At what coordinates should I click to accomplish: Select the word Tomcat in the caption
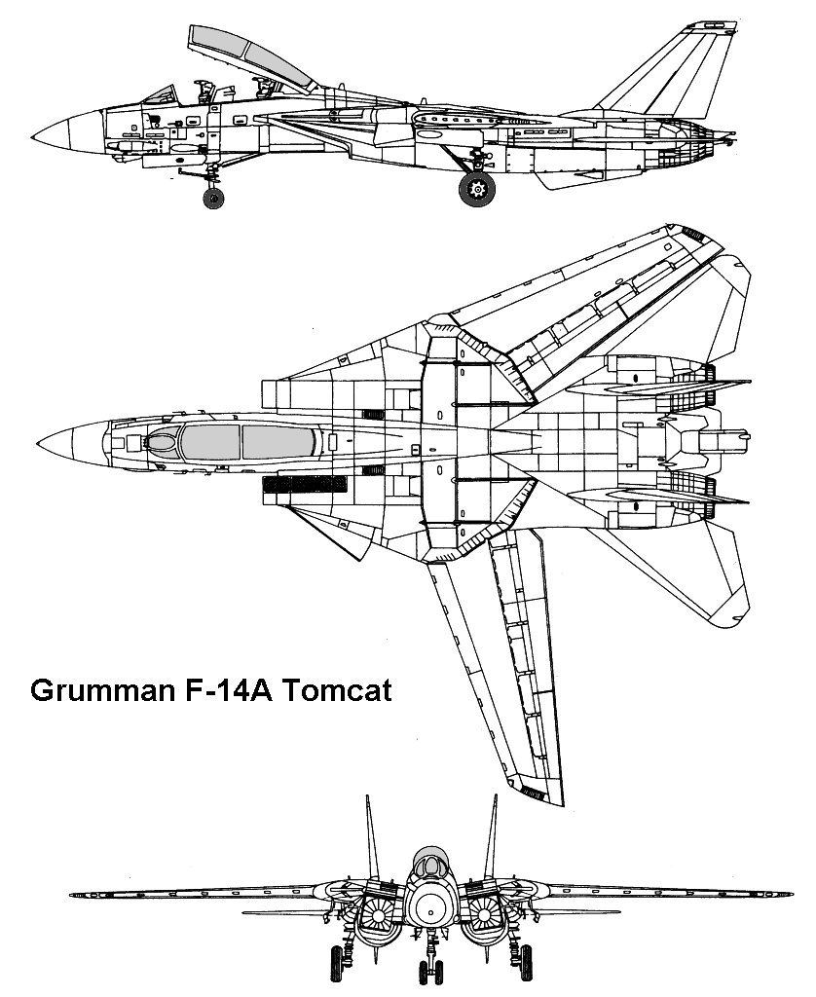tap(337, 690)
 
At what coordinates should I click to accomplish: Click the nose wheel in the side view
tap(212, 198)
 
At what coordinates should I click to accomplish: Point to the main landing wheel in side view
tap(477, 189)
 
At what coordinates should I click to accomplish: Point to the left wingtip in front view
tap(73, 893)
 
